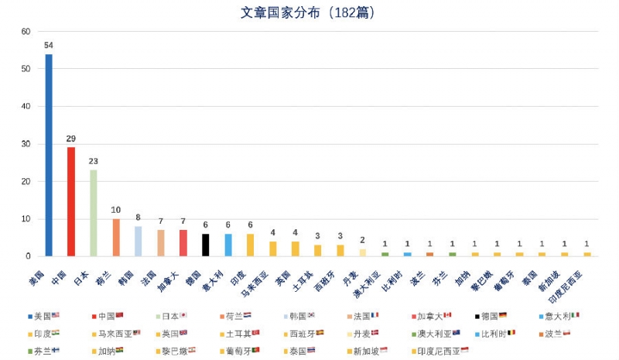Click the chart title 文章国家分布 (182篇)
pos(309,13)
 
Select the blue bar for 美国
pos(49,155)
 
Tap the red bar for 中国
pos(71,201)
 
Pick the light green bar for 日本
pos(94,213)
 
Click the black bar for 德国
pos(206,245)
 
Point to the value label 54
pos(49,45)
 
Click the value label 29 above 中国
pos(71,139)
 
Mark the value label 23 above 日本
pos(94,162)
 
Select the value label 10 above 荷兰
pos(116,210)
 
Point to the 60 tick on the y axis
pos(26,32)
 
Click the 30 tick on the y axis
pos(26,144)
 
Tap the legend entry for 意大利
pos(561,316)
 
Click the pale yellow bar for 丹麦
pos(363,252)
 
